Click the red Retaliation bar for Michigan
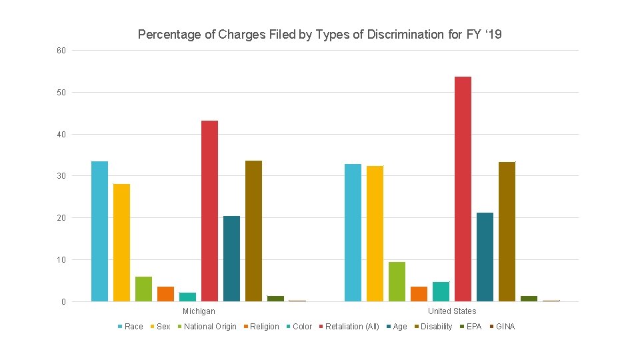click(x=209, y=211)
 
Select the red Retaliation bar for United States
click(x=463, y=189)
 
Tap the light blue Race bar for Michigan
click(x=99, y=231)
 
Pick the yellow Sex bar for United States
click(x=375, y=234)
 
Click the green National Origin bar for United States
click(x=397, y=282)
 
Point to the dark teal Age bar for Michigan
click(x=231, y=259)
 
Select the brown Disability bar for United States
click(x=507, y=232)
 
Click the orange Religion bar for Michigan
click(x=165, y=294)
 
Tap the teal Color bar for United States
click(x=441, y=291)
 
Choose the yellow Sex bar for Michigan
click(x=121, y=243)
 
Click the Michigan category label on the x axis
click(x=199, y=311)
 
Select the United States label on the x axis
click(x=452, y=311)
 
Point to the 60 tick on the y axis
click(x=61, y=51)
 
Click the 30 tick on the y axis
click(x=61, y=176)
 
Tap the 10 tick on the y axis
click(x=61, y=260)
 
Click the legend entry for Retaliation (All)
click(x=351, y=327)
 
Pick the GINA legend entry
click(x=505, y=327)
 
